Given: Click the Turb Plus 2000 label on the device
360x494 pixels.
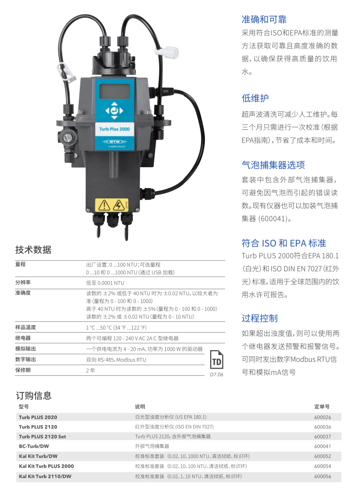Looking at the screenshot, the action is [x=114, y=129].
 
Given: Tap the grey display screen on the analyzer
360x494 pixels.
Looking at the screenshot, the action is [x=114, y=91].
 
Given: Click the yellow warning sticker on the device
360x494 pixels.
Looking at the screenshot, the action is [x=111, y=205].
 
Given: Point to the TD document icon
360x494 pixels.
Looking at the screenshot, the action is [x=216, y=359].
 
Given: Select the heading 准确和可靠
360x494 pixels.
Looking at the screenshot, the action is [x=264, y=19].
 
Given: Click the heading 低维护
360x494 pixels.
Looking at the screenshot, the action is [x=255, y=98].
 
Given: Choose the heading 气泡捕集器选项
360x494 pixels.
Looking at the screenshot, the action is [x=273, y=165].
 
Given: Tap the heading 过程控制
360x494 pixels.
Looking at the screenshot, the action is [x=260, y=318].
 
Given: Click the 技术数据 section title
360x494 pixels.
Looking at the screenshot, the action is [x=34, y=250].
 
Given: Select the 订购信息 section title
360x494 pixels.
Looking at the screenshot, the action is [x=34, y=395].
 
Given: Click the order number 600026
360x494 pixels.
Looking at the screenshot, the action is [x=323, y=417].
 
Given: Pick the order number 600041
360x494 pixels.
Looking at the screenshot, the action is [x=323, y=446].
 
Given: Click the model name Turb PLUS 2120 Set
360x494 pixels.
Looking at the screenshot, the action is [x=42, y=437].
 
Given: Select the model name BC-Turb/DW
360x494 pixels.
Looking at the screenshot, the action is [x=34, y=446].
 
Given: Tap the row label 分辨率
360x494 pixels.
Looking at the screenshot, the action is [x=23, y=282].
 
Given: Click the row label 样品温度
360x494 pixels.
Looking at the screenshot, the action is [x=25, y=327].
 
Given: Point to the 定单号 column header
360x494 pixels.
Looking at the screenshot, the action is [x=322, y=406].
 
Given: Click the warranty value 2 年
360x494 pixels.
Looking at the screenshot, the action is [x=90, y=370].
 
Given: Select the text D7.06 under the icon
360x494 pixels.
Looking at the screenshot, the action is [x=216, y=374].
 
